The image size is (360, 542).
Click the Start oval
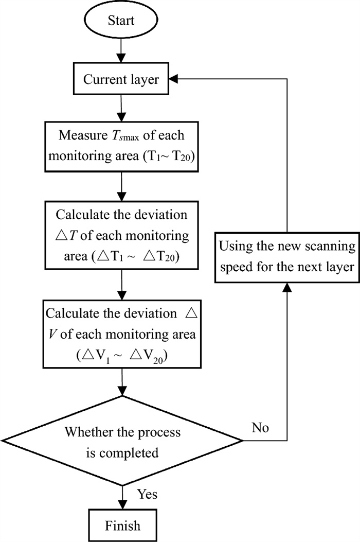(x=121, y=21)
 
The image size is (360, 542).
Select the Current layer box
(x=121, y=80)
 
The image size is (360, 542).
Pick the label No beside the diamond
(x=260, y=428)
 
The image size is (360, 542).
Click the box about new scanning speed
(x=287, y=254)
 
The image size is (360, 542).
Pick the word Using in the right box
(x=235, y=246)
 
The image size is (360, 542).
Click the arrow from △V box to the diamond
(x=121, y=383)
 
